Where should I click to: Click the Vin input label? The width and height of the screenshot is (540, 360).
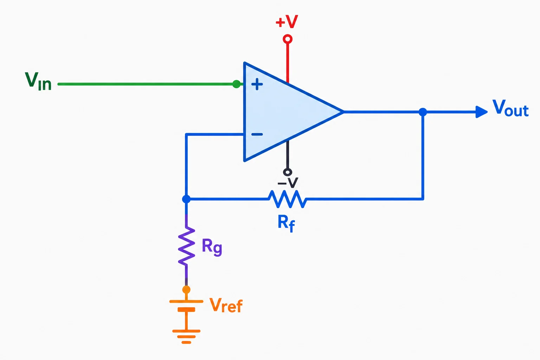[x=38, y=81]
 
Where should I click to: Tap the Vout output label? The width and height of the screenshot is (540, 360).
[x=510, y=108]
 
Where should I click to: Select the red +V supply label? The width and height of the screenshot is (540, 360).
[x=287, y=21]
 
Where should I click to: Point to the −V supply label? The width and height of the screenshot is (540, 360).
[x=288, y=182]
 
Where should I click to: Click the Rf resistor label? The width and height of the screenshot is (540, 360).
[x=286, y=223]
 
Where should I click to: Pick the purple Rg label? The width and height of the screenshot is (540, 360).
[x=212, y=247]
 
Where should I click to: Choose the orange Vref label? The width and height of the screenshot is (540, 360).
[x=226, y=305]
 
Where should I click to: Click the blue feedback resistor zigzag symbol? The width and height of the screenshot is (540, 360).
[x=287, y=199]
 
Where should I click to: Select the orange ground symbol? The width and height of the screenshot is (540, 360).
[x=186, y=336]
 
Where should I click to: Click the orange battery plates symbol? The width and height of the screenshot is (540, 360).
[x=186, y=306]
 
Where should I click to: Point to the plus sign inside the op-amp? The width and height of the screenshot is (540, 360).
[x=257, y=84]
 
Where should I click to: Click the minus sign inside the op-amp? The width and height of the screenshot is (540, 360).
[x=257, y=134]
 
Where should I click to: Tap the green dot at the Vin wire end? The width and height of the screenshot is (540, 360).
[x=237, y=84]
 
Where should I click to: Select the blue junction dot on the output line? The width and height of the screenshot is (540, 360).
[x=423, y=112]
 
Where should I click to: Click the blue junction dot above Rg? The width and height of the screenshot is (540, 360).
[x=186, y=199]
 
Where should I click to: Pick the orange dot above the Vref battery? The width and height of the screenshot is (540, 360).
[x=186, y=290]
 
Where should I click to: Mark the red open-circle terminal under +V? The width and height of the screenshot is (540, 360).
[x=288, y=39]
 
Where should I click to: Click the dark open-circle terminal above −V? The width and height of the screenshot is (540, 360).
[x=288, y=172]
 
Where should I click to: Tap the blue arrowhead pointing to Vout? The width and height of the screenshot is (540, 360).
[x=481, y=112]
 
